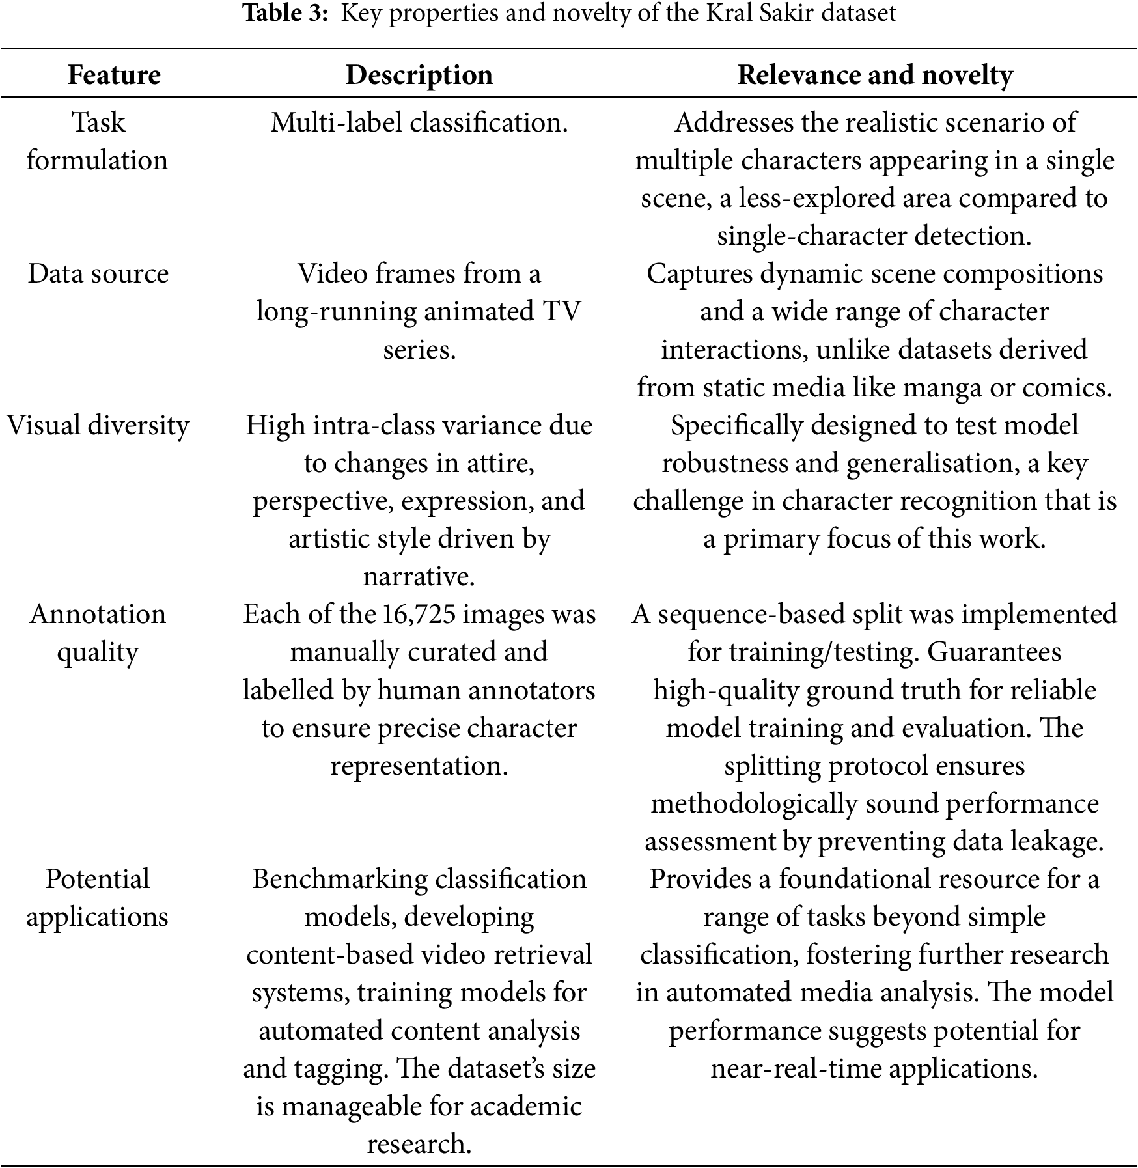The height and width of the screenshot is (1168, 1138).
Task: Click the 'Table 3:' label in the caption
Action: coord(284,13)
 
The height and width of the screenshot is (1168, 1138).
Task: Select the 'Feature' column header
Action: coord(114,75)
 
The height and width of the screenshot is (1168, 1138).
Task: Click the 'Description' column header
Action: coord(419,75)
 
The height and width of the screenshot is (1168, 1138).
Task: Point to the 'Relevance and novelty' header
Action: coord(874,75)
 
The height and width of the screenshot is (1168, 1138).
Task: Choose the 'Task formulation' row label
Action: coord(98,141)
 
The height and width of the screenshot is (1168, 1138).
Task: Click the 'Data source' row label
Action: coord(98,273)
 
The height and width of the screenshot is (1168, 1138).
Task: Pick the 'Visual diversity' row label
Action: coord(98,426)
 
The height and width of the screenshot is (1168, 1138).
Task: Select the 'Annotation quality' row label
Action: coord(98,633)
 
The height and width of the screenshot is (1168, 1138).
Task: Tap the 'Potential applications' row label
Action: coord(98,898)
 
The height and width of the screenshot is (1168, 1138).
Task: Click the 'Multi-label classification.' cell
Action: coord(419,122)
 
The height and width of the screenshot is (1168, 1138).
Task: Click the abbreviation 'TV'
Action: coord(561,312)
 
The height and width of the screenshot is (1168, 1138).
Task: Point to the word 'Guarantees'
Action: coord(994,652)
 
